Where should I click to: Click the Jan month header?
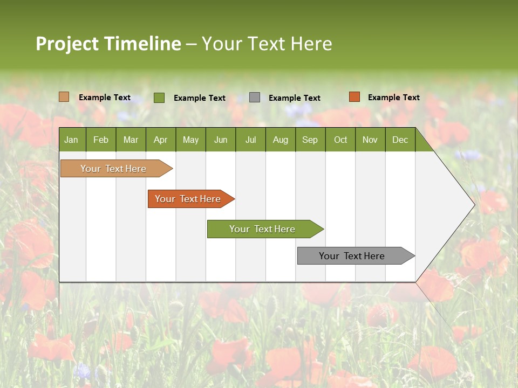click(71, 140)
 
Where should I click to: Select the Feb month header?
click(101, 140)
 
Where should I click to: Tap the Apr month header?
click(160, 140)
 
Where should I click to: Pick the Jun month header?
click(221, 140)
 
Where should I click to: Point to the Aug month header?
click(280, 140)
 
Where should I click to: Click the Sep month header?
click(310, 140)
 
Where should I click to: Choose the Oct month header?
click(340, 140)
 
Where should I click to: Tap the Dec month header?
click(400, 140)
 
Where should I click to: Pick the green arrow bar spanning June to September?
click(263, 229)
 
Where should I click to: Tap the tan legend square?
click(64, 97)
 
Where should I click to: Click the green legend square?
click(159, 98)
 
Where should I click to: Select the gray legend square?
click(255, 97)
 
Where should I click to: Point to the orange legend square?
click(354, 97)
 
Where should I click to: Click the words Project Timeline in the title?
click(108, 44)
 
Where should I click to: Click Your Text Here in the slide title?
click(267, 44)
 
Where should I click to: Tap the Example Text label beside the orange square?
click(393, 98)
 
